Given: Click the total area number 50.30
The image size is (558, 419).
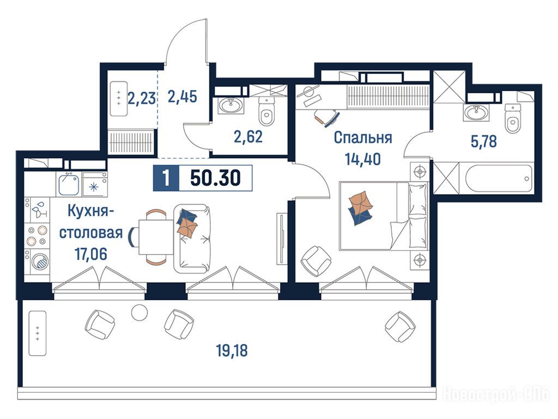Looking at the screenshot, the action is point(215,178).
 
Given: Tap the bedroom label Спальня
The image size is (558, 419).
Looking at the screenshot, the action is point(362,138).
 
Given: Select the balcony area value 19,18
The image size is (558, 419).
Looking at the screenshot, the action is point(232,351).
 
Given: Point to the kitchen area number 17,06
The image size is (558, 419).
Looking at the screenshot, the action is point(91,254).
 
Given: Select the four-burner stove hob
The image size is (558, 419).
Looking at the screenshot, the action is point(38,235).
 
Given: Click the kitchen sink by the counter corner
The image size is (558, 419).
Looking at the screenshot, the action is point(69,184).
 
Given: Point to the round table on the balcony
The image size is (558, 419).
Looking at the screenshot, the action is point(139,313).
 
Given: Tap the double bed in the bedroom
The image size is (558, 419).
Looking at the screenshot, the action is point(383,216).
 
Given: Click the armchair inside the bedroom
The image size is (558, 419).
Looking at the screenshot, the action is point(316,261).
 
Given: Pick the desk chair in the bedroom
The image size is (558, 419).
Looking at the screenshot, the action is point(326,116).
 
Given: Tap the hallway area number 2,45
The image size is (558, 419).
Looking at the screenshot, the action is point(182,96).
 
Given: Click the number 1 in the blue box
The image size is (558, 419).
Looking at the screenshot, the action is point(166,178).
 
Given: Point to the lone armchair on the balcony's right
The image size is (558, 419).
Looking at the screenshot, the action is point(400,326).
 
